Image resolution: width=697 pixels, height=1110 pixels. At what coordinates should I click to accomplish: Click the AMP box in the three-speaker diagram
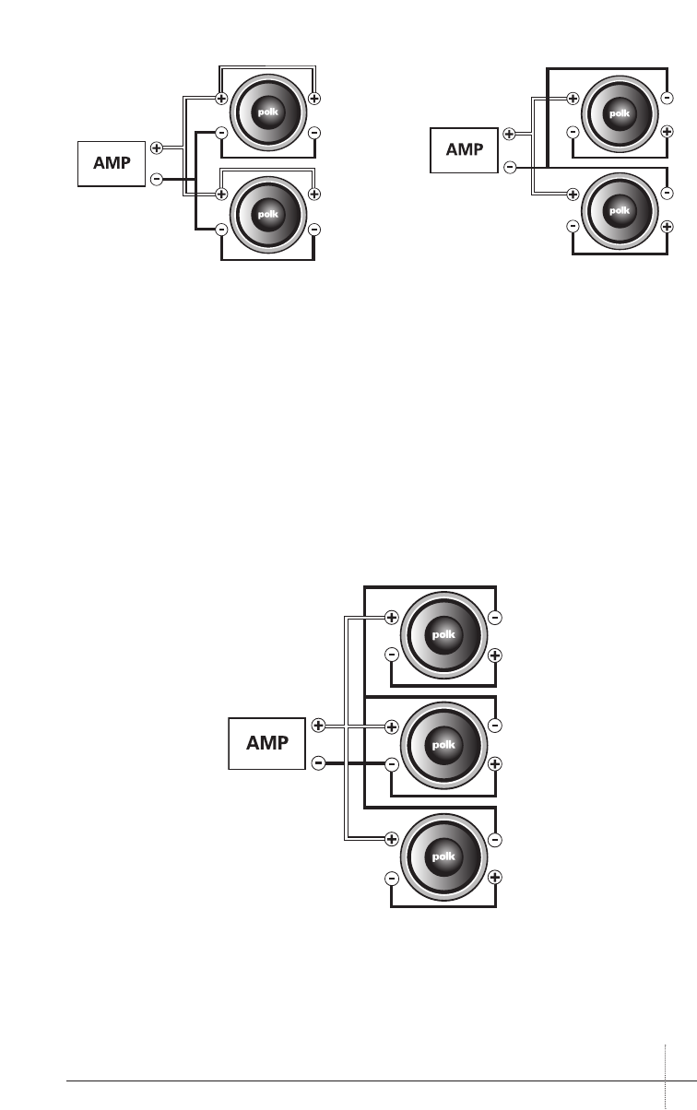point(266,743)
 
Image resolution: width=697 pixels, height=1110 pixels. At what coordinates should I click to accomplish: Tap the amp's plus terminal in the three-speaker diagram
point(318,726)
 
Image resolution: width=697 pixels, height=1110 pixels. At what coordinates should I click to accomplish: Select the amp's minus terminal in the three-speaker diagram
point(318,762)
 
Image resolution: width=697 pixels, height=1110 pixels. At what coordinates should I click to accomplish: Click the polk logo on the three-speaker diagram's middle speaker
point(443,744)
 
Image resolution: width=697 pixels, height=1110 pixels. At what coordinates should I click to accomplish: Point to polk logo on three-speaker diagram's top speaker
point(443,636)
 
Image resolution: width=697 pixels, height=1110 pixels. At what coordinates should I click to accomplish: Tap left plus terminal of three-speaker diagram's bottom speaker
point(392,839)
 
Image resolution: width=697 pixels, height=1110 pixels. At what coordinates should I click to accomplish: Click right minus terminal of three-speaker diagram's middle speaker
point(495,726)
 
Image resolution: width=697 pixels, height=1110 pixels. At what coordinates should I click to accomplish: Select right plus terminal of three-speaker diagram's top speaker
point(495,655)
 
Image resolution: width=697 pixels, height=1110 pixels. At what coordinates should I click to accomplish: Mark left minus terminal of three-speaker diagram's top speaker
point(392,655)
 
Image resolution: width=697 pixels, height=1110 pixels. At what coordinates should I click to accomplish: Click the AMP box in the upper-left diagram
point(112,164)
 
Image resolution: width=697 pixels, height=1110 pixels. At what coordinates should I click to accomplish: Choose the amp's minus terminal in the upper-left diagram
point(157,178)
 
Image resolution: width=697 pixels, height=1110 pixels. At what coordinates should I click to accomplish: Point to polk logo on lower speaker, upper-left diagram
point(267,212)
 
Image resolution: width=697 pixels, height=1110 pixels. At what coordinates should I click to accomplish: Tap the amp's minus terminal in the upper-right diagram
point(510,167)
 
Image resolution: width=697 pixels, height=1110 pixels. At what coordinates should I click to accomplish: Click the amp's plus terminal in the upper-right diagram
point(510,134)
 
